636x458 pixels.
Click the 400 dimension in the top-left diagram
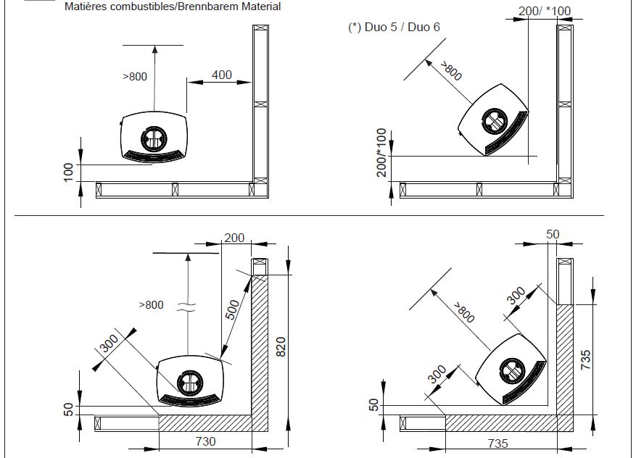coord(222,75)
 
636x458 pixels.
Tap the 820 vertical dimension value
coord(282,348)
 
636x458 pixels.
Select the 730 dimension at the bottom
coord(206,441)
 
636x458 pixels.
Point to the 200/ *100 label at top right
coord(545,11)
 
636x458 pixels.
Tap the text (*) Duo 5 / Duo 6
coord(394,28)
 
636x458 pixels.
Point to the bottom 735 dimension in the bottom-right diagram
coord(497,443)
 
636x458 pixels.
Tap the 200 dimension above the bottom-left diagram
coord(234,238)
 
